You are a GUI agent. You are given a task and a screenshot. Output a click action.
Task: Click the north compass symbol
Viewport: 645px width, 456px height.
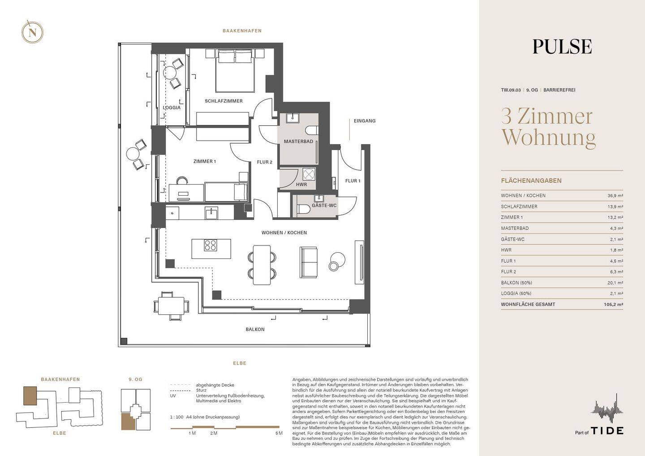pos(32,32)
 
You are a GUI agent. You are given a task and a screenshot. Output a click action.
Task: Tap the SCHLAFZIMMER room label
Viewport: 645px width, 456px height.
pos(224,101)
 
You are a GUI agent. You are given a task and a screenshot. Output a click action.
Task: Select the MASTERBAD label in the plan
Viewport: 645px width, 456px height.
pos(298,142)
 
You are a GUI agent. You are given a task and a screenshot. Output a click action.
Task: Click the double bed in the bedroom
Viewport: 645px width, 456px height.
pos(235,70)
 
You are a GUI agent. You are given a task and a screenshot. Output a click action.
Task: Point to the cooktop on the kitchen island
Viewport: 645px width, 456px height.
pos(210,245)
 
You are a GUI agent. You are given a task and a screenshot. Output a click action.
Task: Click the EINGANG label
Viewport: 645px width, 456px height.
pos(365,121)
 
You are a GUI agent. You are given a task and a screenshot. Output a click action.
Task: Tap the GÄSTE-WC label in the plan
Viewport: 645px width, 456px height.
pos(324,205)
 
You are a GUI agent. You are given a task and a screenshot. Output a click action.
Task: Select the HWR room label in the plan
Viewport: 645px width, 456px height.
pos(301,185)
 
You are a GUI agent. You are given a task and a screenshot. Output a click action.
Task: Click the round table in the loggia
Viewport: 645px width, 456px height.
pos(170,73)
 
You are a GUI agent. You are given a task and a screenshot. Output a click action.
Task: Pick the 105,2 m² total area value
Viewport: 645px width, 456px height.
pos(613,304)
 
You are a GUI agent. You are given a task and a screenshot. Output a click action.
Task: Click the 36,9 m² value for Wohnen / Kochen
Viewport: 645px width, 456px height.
pos(615,195)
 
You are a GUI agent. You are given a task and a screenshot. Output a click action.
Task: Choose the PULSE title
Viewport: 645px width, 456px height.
pos(562,47)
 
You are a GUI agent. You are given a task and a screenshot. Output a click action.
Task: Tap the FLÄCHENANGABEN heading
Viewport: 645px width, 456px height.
pos(531,181)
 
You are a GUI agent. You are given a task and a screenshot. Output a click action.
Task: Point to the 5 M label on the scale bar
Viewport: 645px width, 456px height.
pos(279,433)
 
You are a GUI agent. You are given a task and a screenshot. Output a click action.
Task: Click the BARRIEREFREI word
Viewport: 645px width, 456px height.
pos(559,90)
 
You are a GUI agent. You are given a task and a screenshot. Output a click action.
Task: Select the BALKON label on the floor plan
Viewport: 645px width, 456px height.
pos(255,329)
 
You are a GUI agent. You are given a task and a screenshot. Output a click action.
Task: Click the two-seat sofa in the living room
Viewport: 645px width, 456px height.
pos(308,262)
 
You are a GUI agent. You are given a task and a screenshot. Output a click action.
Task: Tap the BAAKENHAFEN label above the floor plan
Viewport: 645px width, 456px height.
pos(242,31)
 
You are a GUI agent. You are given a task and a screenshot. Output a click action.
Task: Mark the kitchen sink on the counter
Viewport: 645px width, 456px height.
pos(211,213)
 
